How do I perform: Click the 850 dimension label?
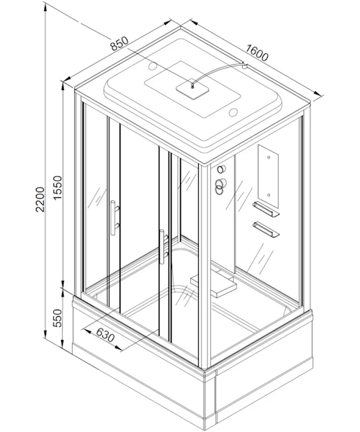(120, 43)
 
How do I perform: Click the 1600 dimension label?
(256, 53)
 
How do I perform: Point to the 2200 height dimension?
(40, 199)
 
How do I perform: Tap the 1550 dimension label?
(58, 188)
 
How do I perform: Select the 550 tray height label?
(58, 318)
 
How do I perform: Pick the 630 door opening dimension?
(105, 336)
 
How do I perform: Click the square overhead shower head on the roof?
(192, 89)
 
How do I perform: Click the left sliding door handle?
(114, 217)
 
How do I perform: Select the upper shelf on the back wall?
(266, 209)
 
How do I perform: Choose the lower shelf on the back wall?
(266, 229)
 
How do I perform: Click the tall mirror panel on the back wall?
(268, 176)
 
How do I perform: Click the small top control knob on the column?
(221, 169)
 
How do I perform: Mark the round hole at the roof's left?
(153, 66)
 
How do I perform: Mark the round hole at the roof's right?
(233, 112)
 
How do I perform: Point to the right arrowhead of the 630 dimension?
(118, 348)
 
